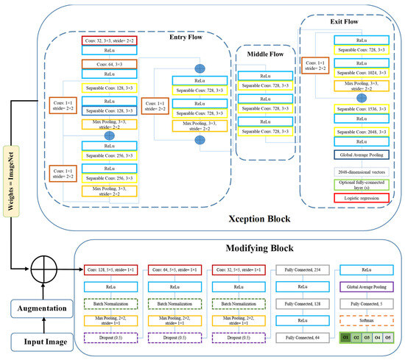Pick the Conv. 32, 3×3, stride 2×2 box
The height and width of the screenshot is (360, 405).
pyautogui.click(x=109, y=42)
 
